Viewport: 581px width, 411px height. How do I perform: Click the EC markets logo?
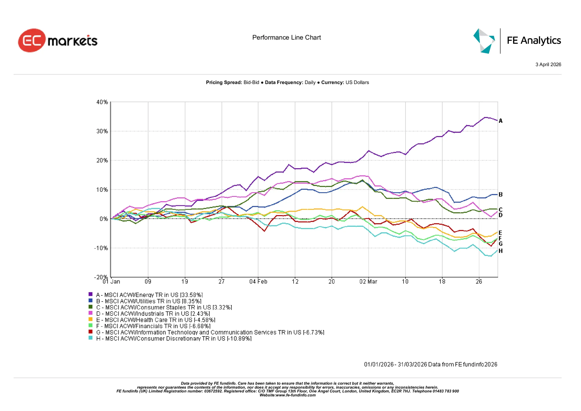tap(58, 40)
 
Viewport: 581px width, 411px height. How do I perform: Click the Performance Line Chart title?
tap(286, 37)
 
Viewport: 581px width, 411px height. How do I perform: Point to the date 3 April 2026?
tap(548, 64)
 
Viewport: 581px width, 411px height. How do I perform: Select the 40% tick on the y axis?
tap(102, 102)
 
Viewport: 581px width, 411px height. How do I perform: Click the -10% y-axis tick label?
tap(101, 248)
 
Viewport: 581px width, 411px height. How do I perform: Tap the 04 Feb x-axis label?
tap(258, 282)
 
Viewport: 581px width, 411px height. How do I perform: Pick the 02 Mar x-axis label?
tap(368, 282)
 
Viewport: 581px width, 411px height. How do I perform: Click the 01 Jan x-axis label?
tap(111, 282)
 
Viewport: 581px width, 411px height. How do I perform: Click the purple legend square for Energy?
tap(91, 294)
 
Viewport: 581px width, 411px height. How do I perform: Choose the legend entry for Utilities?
tap(149, 301)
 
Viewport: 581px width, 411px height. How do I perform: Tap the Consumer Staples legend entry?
tap(164, 307)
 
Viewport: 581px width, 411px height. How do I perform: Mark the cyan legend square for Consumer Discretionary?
tap(91, 338)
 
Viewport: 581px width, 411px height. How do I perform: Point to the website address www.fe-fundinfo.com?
tap(295, 395)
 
